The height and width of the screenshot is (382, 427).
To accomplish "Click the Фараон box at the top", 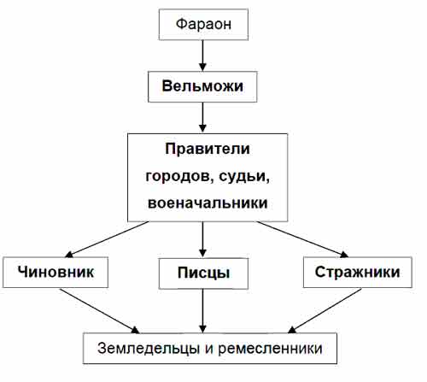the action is (x=203, y=25).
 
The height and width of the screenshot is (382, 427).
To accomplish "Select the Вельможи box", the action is (x=202, y=86).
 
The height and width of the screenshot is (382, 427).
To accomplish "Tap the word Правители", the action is (x=208, y=149).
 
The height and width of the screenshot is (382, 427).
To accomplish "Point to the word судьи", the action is (x=244, y=177).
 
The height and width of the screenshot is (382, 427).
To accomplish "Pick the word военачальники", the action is (x=208, y=203).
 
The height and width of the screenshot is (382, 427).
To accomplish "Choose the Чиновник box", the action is (x=56, y=273).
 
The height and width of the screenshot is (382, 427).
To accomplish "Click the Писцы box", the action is (x=203, y=273).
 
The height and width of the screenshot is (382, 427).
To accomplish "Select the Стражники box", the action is (x=358, y=273).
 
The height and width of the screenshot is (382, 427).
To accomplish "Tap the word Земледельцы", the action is (x=149, y=349).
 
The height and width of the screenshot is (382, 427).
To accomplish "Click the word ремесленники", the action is (x=270, y=349).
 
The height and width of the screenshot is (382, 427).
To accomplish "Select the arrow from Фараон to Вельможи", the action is (x=202, y=56).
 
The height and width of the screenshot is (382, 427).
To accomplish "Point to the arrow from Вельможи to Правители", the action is (x=202, y=117).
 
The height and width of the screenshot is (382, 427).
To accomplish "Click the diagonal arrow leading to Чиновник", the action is (x=107, y=239).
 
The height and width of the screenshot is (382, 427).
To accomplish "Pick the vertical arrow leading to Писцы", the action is (x=202, y=239).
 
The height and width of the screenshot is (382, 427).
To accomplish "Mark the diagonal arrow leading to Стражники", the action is (x=302, y=239).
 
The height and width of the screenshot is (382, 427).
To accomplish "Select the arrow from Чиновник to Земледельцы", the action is (x=100, y=311).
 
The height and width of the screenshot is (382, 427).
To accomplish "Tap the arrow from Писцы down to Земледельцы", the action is (x=202, y=311).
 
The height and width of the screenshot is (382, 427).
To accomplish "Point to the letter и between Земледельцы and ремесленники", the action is (x=209, y=349).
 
